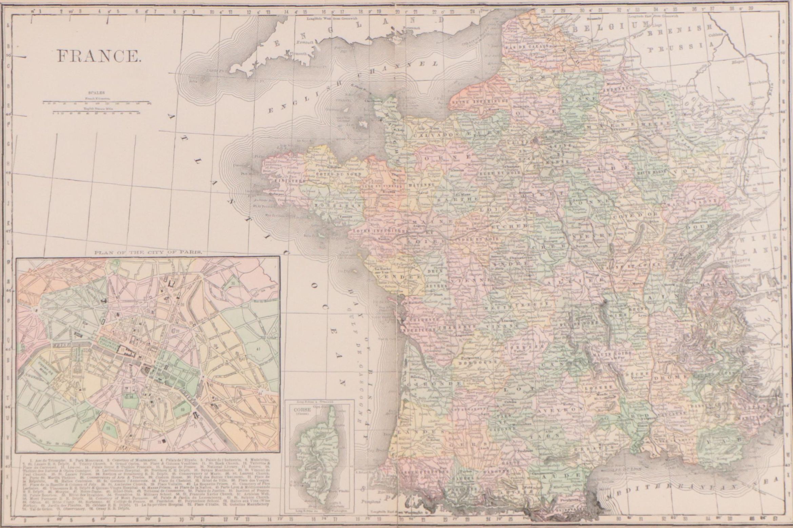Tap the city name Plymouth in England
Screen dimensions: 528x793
298,54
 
